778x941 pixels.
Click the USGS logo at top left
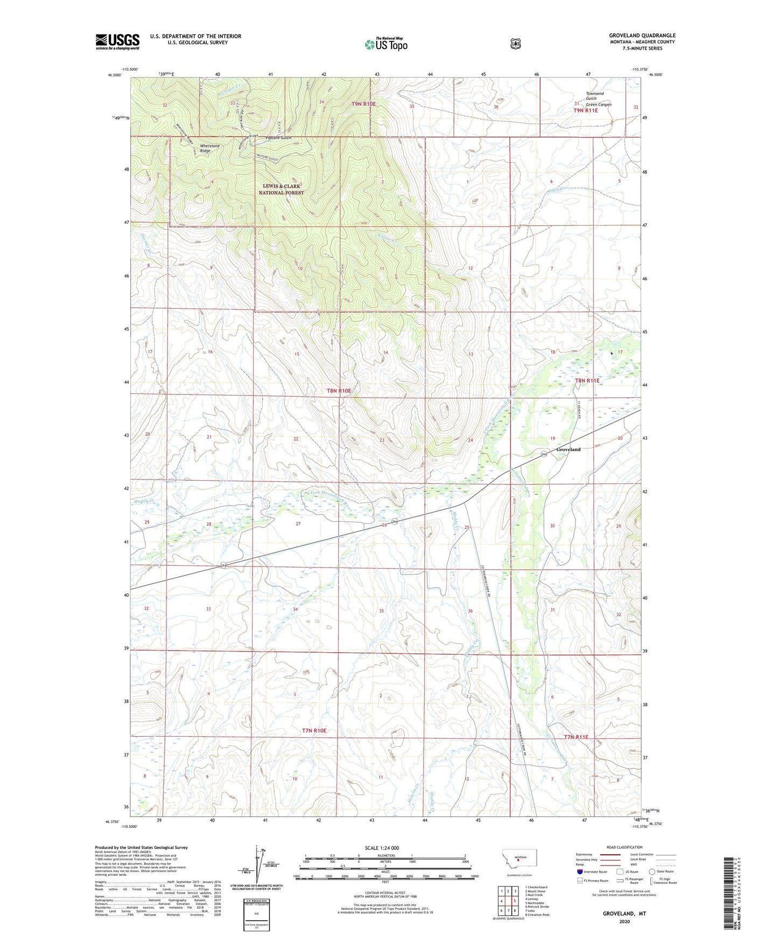[x=117, y=41]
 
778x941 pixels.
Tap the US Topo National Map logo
[x=386, y=44]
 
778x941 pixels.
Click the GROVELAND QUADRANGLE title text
[x=642, y=36]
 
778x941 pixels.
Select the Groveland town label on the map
[x=568, y=449]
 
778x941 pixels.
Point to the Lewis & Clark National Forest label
[x=281, y=189]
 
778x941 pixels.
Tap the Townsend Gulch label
[x=594, y=96]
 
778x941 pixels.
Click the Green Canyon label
[x=598, y=105]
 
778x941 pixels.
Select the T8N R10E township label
[x=339, y=391]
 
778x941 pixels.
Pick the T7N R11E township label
[x=576, y=737]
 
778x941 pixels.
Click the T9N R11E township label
[x=585, y=110]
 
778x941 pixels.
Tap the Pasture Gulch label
[x=278, y=138]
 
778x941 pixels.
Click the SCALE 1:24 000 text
[x=382, y=848]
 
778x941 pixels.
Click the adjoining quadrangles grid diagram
[x=508, y=901]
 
